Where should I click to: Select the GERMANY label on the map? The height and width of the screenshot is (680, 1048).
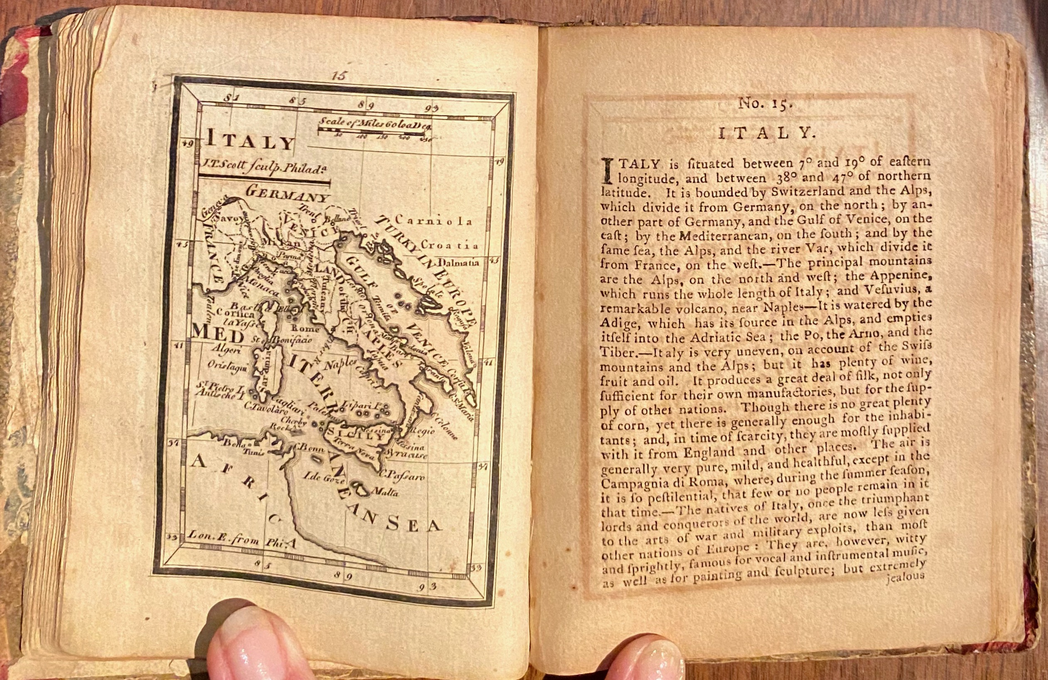(287, 193)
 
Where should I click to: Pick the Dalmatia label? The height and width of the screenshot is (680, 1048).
(458, 263)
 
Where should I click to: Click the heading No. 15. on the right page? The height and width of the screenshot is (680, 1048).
(765, 104)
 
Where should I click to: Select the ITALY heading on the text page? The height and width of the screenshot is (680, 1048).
(765, 133)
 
